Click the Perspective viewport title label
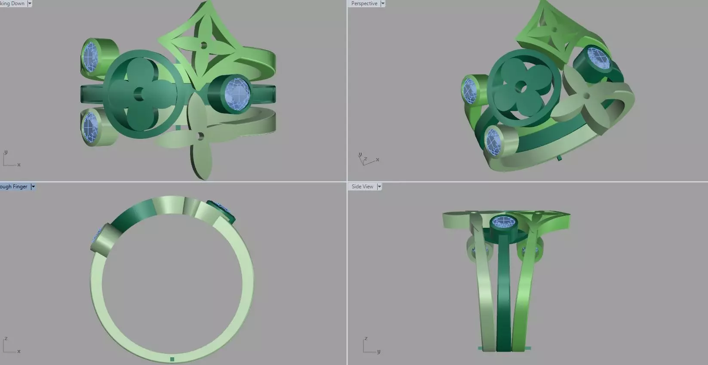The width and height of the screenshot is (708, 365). pos(364,3)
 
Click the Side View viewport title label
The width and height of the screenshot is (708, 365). pos(362,187)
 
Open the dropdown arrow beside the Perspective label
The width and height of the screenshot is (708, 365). pos(383,3)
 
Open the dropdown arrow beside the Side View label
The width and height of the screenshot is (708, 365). pos(379,187)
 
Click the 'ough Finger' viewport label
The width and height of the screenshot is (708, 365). pos(14,187)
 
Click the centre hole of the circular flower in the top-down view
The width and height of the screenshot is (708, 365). pos(139,94)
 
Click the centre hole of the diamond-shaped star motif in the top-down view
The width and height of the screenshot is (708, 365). pos(203,45)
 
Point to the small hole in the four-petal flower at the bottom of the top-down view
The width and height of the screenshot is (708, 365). pos(200,136)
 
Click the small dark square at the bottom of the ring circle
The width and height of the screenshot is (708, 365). pos(172,359)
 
